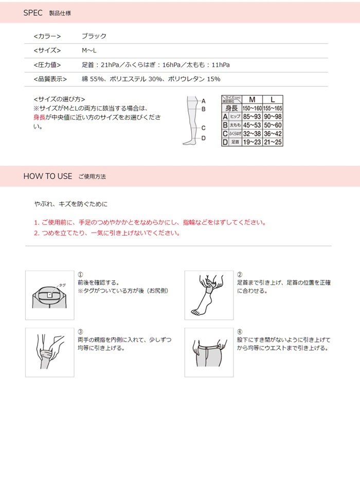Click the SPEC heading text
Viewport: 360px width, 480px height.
coord(33,13)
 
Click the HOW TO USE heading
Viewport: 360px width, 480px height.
coord(48,176)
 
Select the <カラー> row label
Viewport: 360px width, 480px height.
coord(47,37)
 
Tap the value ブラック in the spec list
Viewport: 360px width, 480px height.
coord(94,37)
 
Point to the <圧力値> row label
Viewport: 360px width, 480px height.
coord(47,65)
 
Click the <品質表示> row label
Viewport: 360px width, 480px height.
coord(50,79)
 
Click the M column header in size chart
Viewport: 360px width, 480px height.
coord(252,99)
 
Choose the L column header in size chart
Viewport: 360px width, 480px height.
coord(273,99)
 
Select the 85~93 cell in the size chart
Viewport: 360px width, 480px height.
coord(252,117)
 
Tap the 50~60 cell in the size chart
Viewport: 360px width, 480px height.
coord(273,125)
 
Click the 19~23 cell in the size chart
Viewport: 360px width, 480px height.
coord(252,141)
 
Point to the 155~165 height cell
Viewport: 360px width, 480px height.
coord(273,109)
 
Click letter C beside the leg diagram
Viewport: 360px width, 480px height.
coord(203,128)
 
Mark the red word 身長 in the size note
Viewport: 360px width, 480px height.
coord(40,117)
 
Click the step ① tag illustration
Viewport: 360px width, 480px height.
coord(49,295)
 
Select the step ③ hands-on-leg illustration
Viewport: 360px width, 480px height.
coord(49,352)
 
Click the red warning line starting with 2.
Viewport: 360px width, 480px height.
coord(107,233)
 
